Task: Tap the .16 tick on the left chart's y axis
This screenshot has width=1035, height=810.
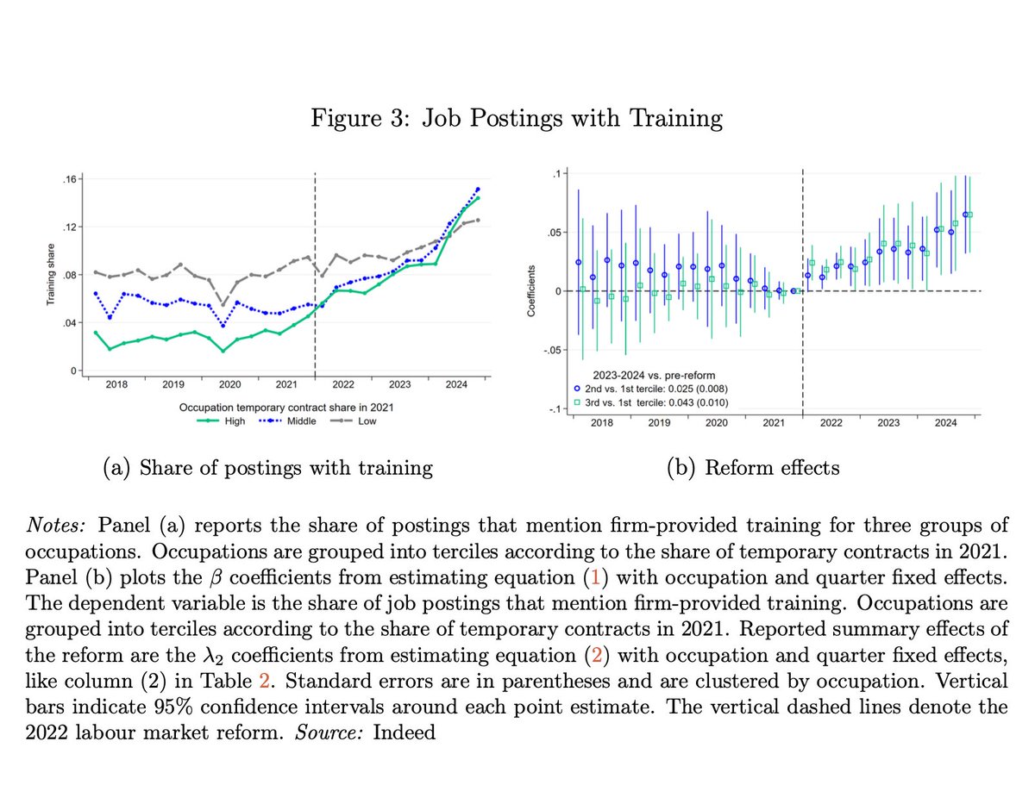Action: tap(70, 178)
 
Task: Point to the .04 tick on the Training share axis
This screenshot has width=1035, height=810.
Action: tap(70, 322)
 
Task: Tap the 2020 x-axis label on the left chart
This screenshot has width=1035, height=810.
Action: tap(229, 385)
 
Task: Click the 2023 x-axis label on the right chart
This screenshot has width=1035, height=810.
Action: tap(888, 423)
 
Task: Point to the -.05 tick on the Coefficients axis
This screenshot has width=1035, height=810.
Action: tap(549, 350)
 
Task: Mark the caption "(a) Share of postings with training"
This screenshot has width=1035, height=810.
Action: tap(267, 467)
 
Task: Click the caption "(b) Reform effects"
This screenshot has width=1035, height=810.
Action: tap(753, 467)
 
